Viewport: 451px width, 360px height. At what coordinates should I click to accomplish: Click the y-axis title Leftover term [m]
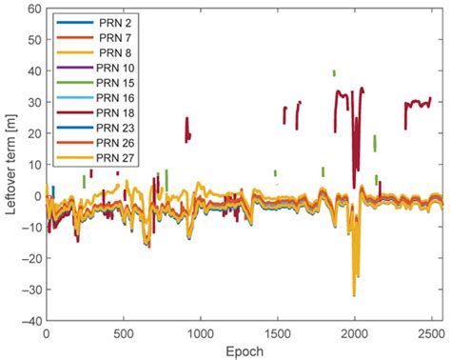(11, 164)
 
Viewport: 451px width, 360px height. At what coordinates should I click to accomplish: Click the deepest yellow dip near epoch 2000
(354, 295)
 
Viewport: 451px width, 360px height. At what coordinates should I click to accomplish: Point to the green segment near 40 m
(334, 72)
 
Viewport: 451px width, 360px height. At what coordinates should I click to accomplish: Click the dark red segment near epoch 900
(186, 130)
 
